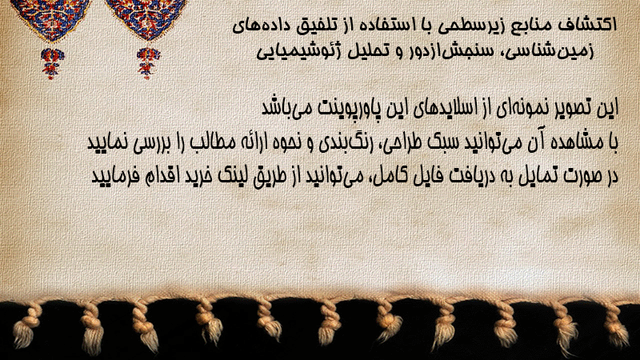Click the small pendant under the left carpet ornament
coord(51,63)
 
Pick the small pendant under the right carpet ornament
coord(148,63)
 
